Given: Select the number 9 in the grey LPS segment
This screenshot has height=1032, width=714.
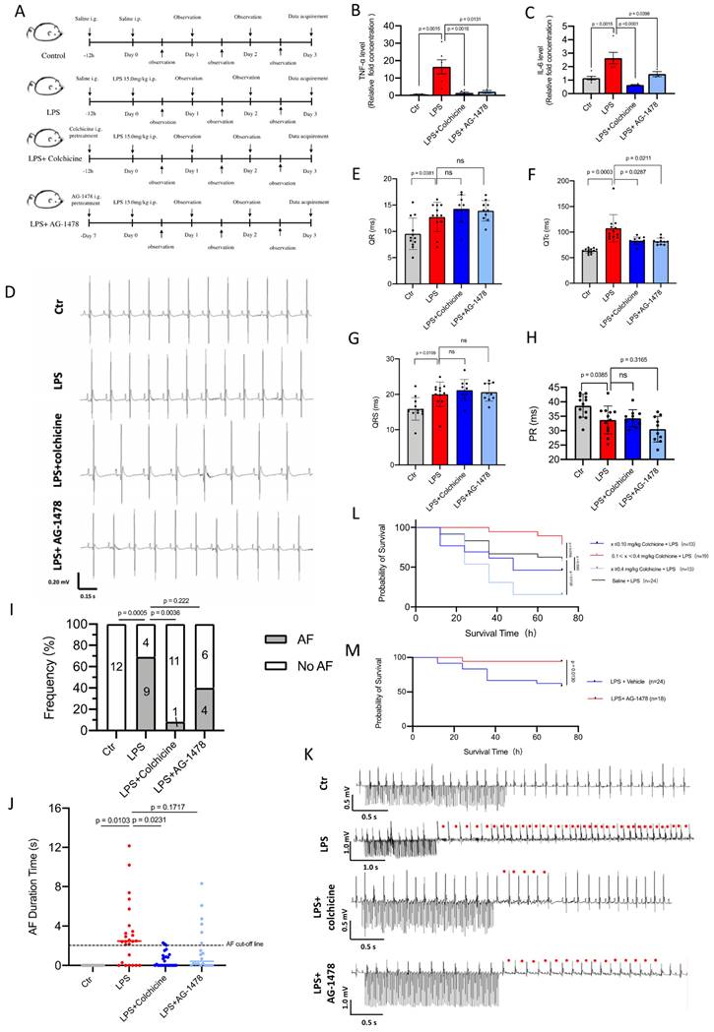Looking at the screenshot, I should (147, 703).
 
